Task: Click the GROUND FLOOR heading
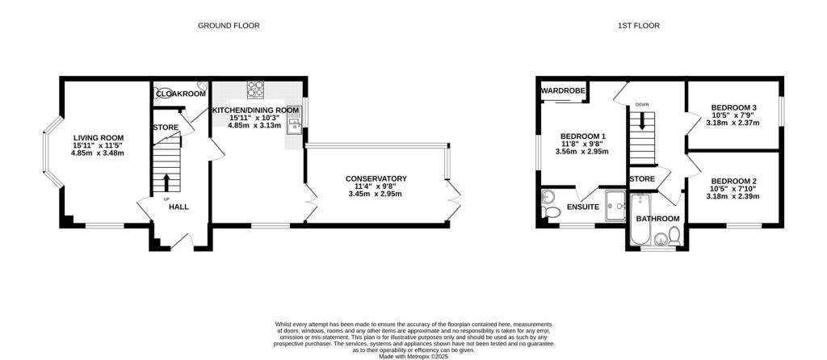point(229,25)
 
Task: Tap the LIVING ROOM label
point(99,138)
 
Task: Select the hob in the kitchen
point(255,89)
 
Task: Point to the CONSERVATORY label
point(376,178)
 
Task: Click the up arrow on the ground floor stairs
point(166,182)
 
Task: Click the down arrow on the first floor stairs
point(642,121)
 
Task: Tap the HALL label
point(178,207)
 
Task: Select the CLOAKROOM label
point(181,94)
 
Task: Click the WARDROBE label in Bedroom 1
point(563,90)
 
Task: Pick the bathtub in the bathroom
point(640,220)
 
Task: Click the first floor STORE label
point(642,178)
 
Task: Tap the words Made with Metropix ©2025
point(413,356)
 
